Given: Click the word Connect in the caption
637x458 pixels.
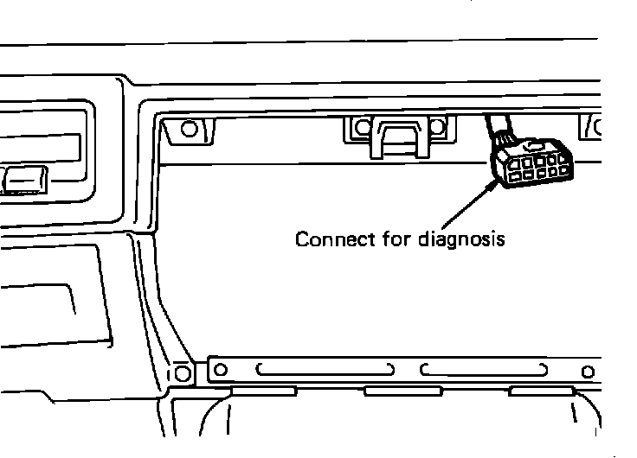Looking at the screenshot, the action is click(325, 239).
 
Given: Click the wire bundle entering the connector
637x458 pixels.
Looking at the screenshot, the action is click(499, 130).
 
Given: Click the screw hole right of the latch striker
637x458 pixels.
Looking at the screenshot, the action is click(436, 129).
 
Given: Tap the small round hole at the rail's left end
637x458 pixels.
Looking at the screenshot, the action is click(221, 370).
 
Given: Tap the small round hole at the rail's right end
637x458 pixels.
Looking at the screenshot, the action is click(589, 372).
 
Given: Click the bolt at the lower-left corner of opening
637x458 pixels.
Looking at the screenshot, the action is click(183, 373).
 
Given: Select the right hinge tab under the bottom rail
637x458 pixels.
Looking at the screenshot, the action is click(542, 391).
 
